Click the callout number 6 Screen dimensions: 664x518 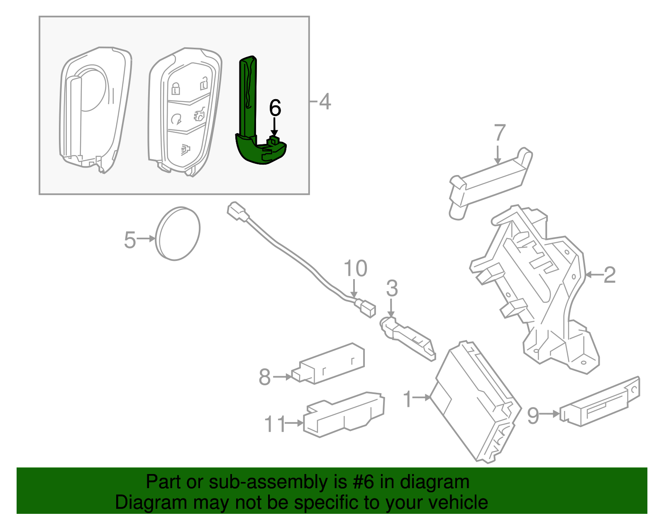click(275, 108)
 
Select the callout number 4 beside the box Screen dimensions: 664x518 click(325, 102)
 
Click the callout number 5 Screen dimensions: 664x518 click(130, 240)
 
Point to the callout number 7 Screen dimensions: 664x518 click(500, 133)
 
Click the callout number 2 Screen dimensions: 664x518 click(609, 275)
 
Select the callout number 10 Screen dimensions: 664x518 click(356, 268)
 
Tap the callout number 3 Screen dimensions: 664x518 click(392, 288)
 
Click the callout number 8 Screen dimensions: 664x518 click(265, 377)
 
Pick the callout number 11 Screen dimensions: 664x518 click(275, 424)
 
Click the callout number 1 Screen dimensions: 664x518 click(408, 399)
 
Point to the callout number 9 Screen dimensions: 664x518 click(533, 415)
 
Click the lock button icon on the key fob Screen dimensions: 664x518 click(176, 88)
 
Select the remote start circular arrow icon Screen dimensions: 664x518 click(176, 119)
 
